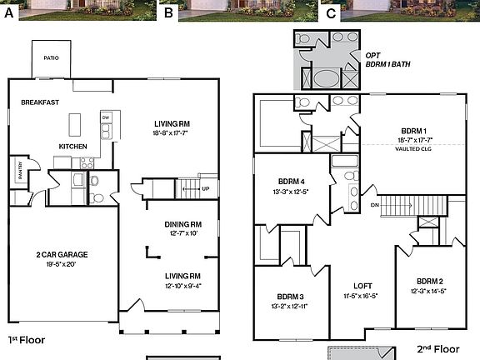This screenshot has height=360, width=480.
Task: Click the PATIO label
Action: point(52,57)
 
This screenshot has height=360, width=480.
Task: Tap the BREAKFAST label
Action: point(39,102)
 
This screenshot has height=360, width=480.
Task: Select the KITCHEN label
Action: point(72,147)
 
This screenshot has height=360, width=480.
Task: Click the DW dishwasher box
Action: point(106,117)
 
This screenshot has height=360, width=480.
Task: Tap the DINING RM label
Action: point(184,224)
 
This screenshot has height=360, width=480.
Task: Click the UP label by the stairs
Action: point(205,188)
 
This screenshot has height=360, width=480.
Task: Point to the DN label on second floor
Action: point(375,204)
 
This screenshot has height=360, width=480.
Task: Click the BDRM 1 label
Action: point(413,131)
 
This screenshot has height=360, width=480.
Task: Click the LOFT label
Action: point(362,285)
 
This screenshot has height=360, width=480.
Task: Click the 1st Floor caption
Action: point(26,340)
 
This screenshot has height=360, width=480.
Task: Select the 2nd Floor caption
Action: point(438,351)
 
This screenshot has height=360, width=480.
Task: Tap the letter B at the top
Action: point(169,13)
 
